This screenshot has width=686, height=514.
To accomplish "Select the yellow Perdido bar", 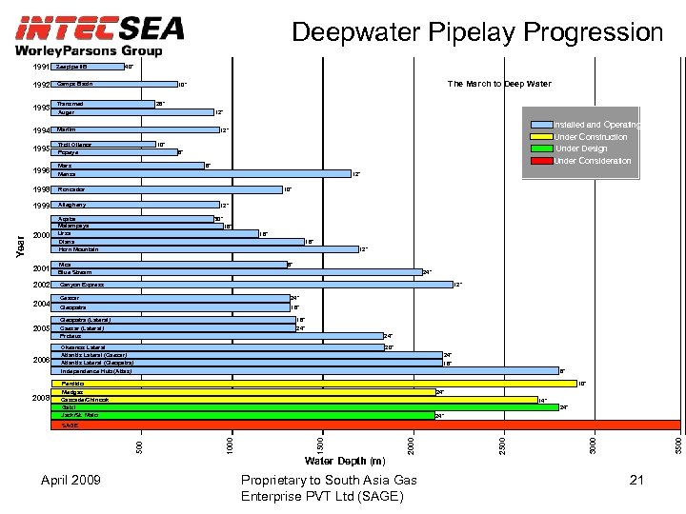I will (x=314, y=384).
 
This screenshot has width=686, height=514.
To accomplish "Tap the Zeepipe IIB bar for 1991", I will (x=88, y=67).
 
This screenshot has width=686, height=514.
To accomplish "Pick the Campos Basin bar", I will (x=114, y=84).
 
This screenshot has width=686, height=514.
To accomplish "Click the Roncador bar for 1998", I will (x=167, y=189).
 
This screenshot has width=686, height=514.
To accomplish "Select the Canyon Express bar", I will (x=252, y=285).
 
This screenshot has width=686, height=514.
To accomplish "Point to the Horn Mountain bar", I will (x=205, y=249).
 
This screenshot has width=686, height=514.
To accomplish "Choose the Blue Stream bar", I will (x=237, y=272).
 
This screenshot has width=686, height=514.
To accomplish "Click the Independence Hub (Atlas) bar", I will (x=305, y=370).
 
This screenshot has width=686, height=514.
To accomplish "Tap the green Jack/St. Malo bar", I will (x=243, y=415).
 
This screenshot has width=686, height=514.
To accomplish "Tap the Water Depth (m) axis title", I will (x=344, y=462).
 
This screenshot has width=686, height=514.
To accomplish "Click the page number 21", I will (x=637, y=481).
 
